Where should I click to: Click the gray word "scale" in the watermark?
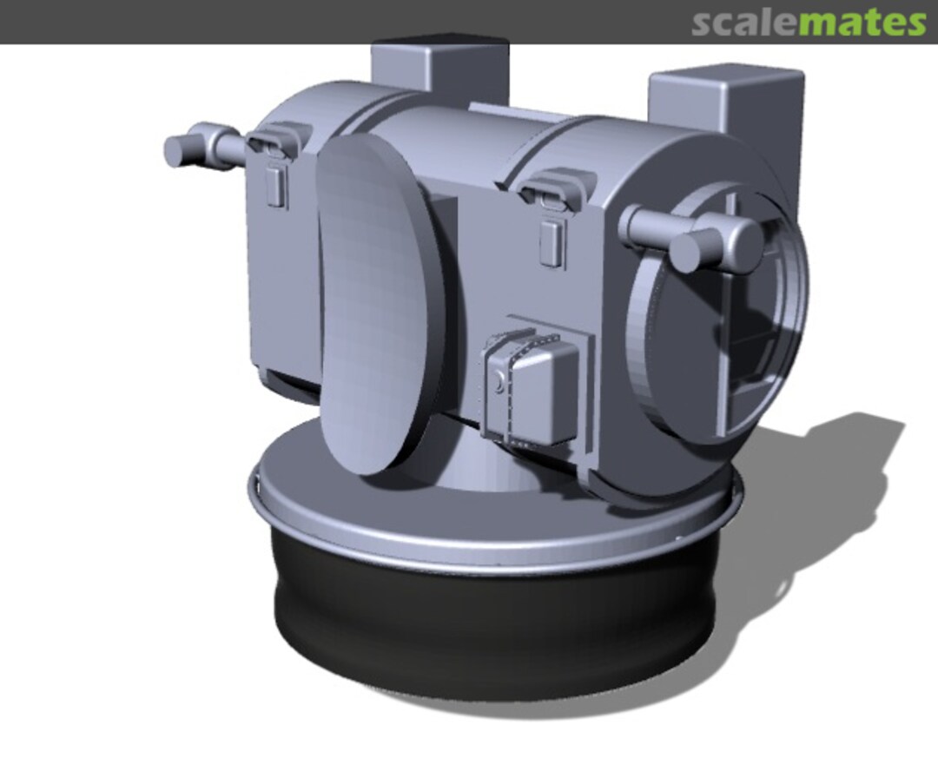coord(744,23)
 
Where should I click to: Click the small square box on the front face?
coord(534,386)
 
